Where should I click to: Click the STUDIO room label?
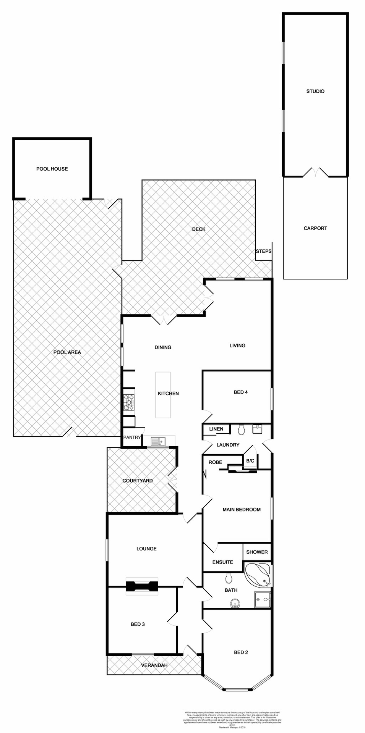click(315, 91)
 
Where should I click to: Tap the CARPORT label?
click(315, 228)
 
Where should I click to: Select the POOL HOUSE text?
click(52, 169)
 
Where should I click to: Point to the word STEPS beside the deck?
click(263, 251)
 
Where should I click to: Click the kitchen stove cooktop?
click(129, 402)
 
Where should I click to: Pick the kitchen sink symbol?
click(157, 442)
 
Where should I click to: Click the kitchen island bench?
click(162, 395)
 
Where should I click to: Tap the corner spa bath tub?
click(258, 574)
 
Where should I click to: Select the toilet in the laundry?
click(241, 430)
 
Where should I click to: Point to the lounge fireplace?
click(141, 586)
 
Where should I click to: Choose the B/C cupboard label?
click(250, 461)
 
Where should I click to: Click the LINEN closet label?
click(216, 429)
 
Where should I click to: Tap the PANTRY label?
click(132, 438)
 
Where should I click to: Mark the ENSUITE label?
click(222, 562)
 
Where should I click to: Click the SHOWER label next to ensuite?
click(257, 552)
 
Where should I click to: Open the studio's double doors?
click(315, 173)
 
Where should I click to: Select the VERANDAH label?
click(154, 665)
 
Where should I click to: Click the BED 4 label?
click(241, 392)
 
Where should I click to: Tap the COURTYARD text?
click(137, 481)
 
